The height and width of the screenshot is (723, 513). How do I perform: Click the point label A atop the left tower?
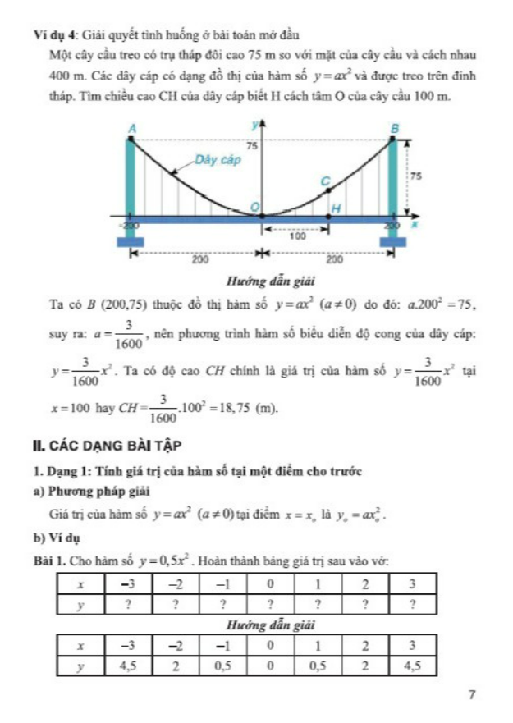tap(131, 128)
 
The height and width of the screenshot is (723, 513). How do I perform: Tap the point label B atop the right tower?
tap(393, 129)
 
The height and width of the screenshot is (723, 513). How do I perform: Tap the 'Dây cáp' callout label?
tap(218, 159)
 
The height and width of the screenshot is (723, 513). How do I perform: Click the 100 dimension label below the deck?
tap(297, 235)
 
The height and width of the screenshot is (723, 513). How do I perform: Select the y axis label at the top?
tap(254, 124)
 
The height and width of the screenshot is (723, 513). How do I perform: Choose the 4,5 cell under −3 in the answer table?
tap(127, 666)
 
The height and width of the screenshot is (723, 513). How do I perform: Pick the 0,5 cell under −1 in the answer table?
tap(222, 666)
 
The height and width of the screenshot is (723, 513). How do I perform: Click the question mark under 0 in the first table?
tap(270, 604)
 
